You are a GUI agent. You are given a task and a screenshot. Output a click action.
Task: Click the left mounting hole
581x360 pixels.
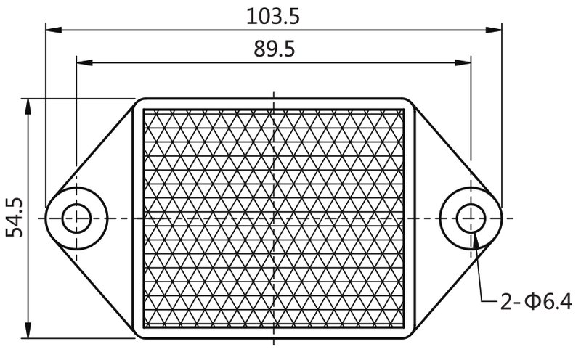[75, 218]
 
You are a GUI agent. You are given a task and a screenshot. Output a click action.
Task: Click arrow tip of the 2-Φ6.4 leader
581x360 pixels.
[474, 233]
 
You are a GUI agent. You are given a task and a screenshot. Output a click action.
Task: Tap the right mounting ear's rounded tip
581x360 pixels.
[501, 218]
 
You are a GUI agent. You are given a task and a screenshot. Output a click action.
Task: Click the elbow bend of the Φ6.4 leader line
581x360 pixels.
[482, 299]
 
